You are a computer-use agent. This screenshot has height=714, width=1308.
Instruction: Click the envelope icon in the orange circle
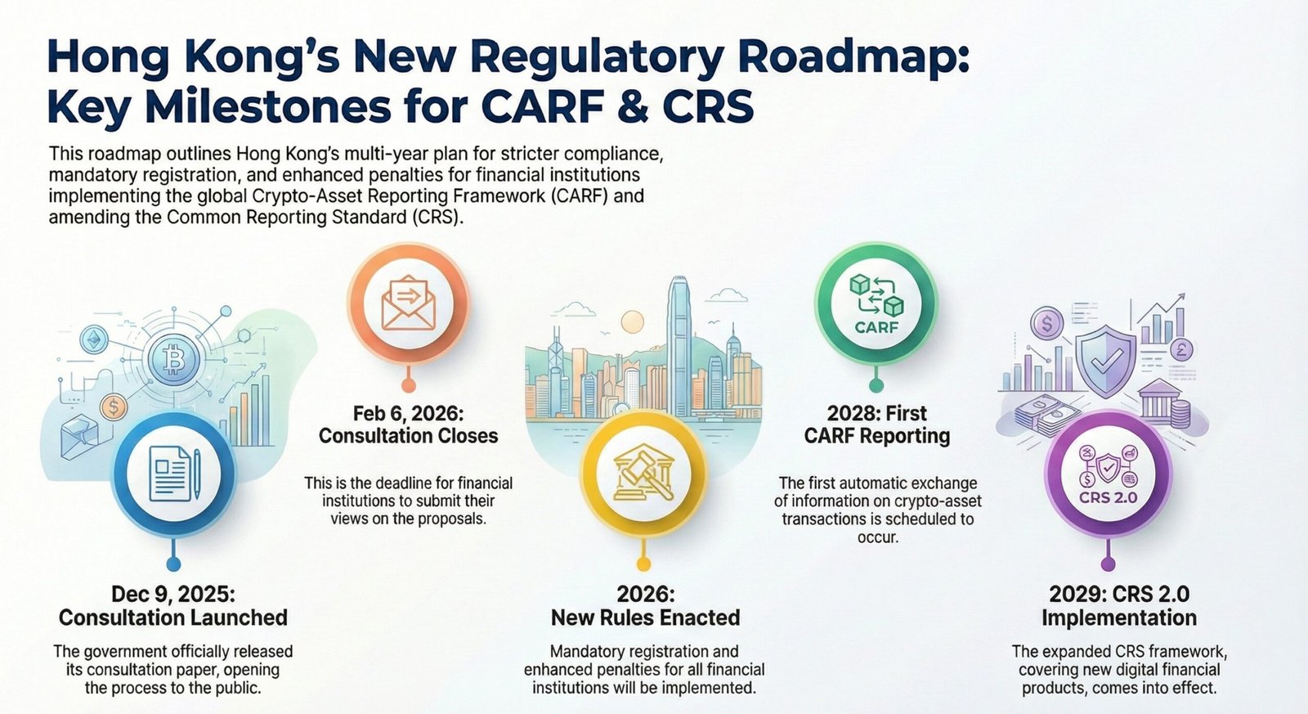click(x=408, y=302)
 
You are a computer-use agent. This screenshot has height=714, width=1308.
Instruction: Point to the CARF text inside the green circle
click(x=876, y=327)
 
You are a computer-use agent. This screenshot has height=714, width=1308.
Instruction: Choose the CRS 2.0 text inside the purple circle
click(x=1108, y=497)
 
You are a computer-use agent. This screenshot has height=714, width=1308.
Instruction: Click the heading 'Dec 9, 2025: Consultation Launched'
click(x=173, y=606)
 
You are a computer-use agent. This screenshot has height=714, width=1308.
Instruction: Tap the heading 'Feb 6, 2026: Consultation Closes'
click(x=408, y=424)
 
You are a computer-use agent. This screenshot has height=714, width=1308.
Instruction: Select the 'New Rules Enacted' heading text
click(x=645, y=617)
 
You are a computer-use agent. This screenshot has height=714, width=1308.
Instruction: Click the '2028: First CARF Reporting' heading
click(x=876, y=424)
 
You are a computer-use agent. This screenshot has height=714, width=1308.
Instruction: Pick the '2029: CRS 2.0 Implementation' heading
click(x=1119, y=606)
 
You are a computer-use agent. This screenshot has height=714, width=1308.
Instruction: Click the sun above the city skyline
click(x=633, y=322)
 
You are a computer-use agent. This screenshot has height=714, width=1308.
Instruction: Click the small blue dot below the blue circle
click(x=173, y=564)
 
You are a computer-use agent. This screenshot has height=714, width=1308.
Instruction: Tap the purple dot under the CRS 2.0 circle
click(x=1108, y=564)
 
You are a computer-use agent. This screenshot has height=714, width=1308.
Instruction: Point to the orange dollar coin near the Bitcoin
click(x=114, y=406)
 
